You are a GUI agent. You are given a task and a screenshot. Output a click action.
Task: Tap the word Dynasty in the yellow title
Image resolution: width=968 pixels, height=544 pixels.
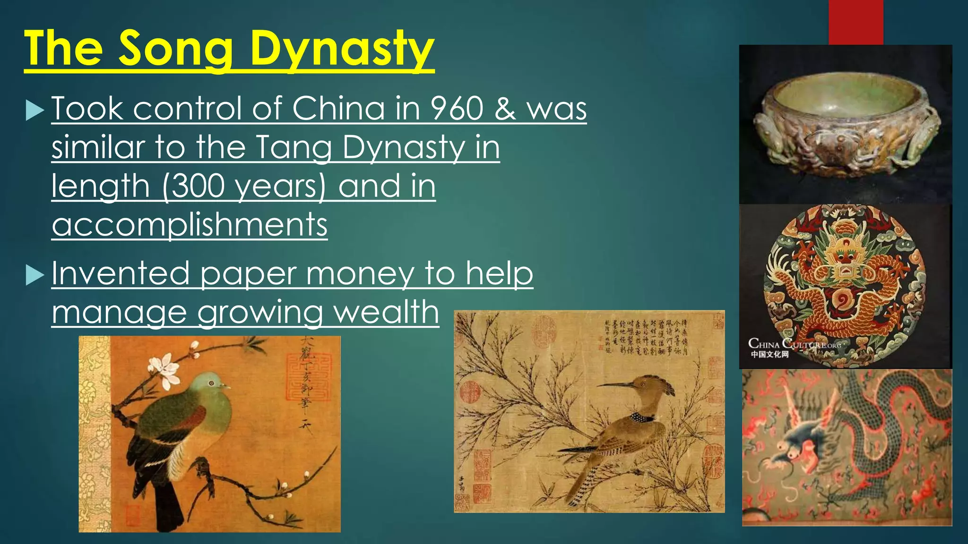(x=342, y=49)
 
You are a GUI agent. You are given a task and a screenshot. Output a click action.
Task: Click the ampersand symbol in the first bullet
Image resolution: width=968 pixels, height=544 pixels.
(x=505, y=108)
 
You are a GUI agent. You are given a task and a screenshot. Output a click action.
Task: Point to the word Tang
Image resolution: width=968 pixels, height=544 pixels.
(x=295, y=147)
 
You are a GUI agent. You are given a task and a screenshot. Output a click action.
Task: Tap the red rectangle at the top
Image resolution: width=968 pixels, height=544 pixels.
(x=856, y=22)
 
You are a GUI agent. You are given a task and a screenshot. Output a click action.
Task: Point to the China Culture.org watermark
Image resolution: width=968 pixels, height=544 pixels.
(x=794, y=348)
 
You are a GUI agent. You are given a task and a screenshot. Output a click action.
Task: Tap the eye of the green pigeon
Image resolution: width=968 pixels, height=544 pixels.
(x=211, y=383)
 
